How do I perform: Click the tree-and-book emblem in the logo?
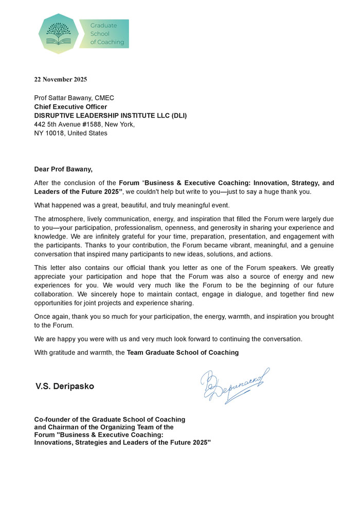59,33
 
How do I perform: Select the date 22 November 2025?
61,80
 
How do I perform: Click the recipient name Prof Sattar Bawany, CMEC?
74,98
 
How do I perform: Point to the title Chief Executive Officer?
70,107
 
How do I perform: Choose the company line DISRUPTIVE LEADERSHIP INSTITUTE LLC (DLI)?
111,116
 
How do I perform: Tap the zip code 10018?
55,133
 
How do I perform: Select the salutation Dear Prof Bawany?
64,169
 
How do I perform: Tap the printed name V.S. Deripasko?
65,386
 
